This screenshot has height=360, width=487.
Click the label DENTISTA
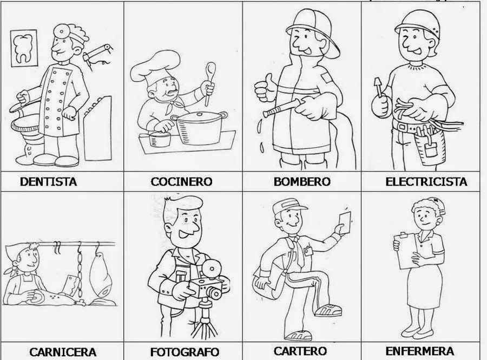coord(48,181)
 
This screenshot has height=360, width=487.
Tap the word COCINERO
coord(181,182)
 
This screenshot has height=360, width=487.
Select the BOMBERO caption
coord(301,181)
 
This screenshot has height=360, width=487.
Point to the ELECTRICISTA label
coord(426,181)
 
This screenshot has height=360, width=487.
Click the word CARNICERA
coord(63,352)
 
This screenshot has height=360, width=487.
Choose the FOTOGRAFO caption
coord(184,352)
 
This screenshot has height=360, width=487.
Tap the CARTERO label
coord(300,351)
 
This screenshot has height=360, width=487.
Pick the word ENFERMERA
coord(419,351)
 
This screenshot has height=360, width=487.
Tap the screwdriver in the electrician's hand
coord(378,87)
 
